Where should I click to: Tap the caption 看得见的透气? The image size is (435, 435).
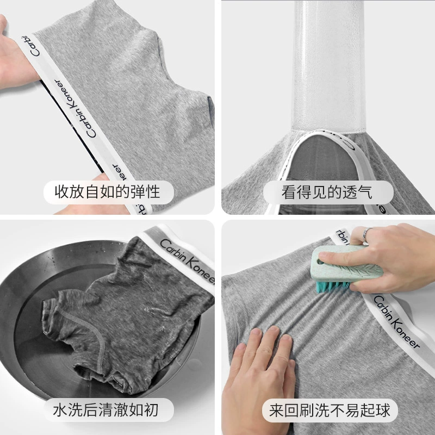coord(327,192)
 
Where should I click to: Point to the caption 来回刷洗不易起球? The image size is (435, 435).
coord(330,410)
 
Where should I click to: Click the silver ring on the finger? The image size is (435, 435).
coord(365,235)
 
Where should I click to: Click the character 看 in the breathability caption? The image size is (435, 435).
coord(289,192)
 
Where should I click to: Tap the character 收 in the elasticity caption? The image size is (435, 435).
coord(61,192)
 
